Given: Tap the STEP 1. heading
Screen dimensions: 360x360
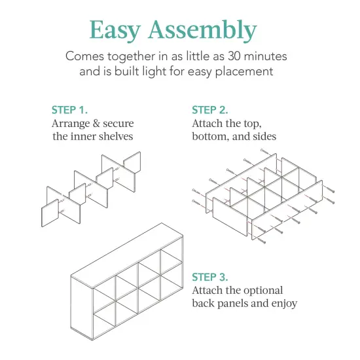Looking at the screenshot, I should (x=69, y=110).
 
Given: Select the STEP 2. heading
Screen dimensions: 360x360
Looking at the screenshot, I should (x=210, y=110).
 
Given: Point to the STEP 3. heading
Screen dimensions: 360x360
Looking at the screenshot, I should (x=210, y=277).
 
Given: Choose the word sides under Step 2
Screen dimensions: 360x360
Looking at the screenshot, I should (x=262, y=136).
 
